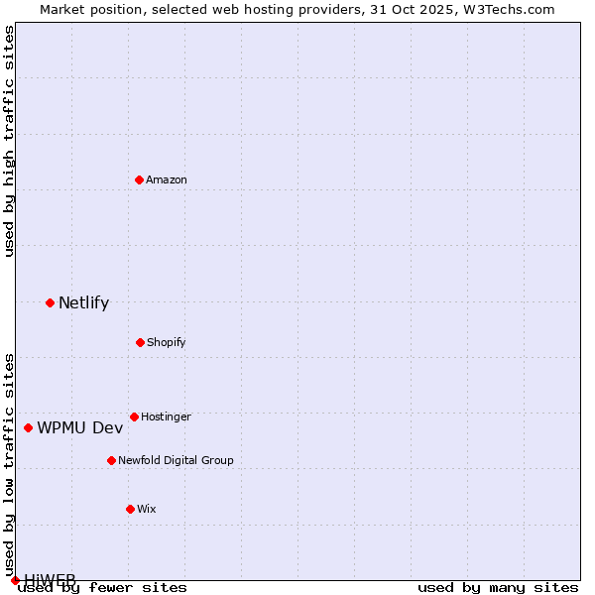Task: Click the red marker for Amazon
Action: pyautogui.click(x=140, y=179)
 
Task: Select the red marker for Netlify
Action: pyautogui.click(x=50, y=302)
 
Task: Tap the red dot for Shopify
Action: pyautogui.click(x=140, y=342)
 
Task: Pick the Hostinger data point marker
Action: pyautogui.click(x=134, y=416)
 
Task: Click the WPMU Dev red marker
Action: pyautogui.click(x=28, y=427)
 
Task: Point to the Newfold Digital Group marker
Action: pyautogui.click(x=111, y=460)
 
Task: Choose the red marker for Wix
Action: pyautogui.click(x=130, y=509)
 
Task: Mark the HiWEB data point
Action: pyautogui.click(x=15, y=580)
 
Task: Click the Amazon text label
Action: pyautogui.click(x=167, y=179)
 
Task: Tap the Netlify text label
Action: pyautogui.click(x=83, y=302)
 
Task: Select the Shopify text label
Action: pyautogui.click(x=167, y=342)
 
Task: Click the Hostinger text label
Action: pyautogui.click(x=166, y=416)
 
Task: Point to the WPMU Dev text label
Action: pyautogui.click(x=80, y=427)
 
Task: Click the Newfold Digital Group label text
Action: pyautogui.click(x=176, y=460)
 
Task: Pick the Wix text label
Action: pyautogui.click(x=147, y=509)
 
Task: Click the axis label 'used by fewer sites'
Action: pyautogui.click(x=102, y=587)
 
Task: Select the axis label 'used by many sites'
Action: pyautogui.click(x=498, y=587)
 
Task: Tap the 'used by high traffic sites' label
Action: pyautogui.click(x=9, y=141)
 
